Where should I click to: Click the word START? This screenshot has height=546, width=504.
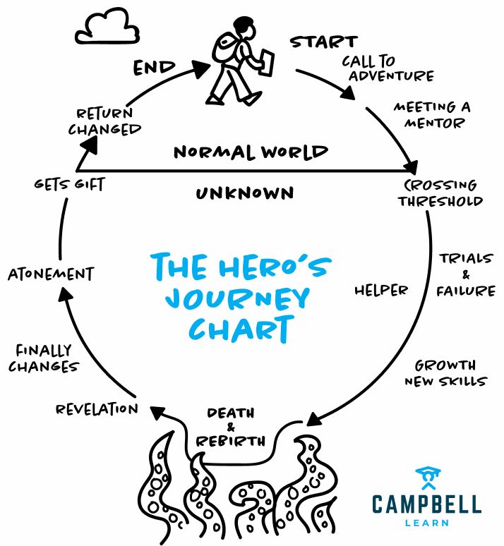click(323, 42)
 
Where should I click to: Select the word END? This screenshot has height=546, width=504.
click(155, 68)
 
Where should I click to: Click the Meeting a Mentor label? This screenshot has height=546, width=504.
click(431, 115)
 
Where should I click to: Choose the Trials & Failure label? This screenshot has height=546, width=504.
click(465, 274)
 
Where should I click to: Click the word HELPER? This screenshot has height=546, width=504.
click(381, 290)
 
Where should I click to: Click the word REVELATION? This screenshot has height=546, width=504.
click(97, 408)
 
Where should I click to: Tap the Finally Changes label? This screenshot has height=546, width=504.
click(47, 358)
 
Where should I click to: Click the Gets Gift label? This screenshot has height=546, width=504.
click(69, 185)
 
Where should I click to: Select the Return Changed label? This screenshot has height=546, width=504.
click(104, 121)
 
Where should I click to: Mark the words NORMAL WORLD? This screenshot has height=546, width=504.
click(251, 152)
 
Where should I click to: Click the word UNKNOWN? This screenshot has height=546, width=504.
click(246, 193)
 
